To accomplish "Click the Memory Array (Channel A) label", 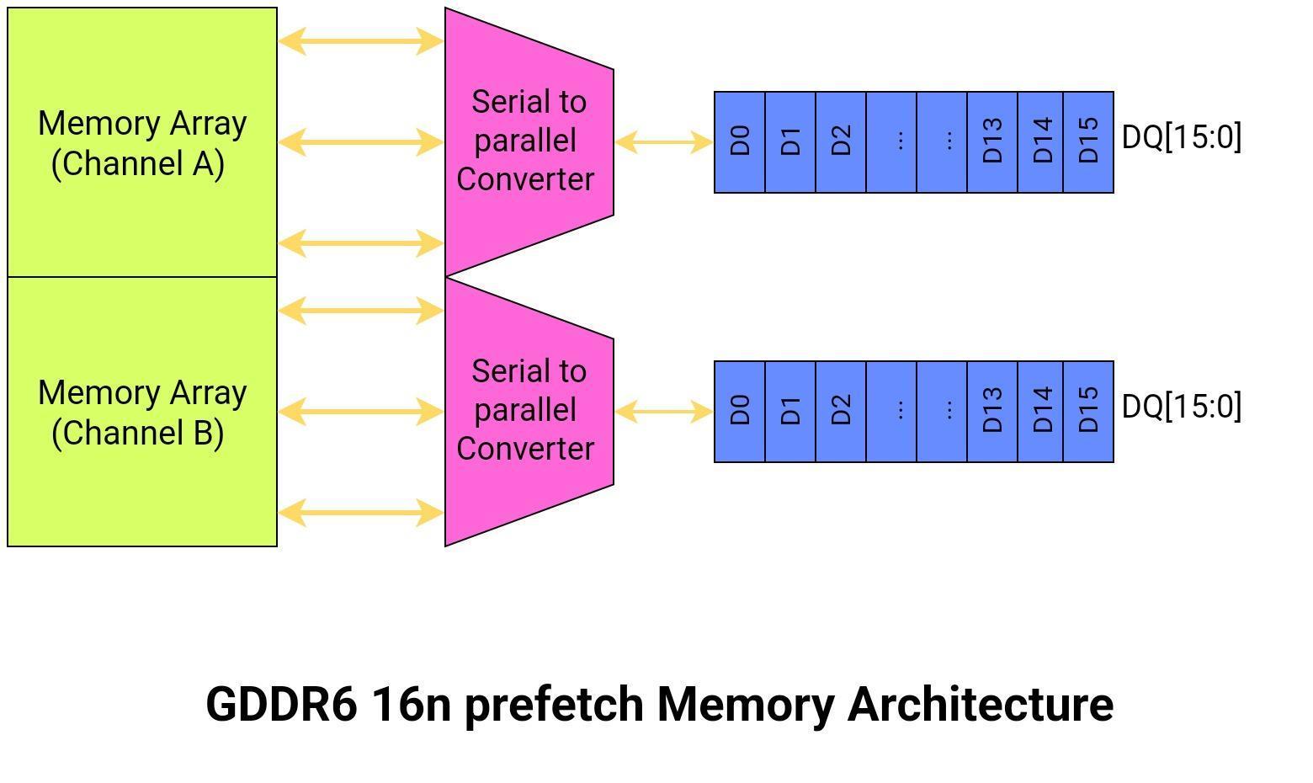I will tap(142, 143).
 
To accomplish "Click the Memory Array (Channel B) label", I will tap(142, 413).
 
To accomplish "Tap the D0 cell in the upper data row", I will tap(740, 142).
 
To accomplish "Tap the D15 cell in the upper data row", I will tap(1088, 142).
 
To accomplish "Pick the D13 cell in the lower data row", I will tap(992, 412).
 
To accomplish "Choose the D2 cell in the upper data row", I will tap(841, 142).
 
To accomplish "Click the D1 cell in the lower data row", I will tap(790, 412).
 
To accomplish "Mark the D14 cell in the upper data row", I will tap(1041, 142).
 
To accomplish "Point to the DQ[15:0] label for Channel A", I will tap(1182, 136).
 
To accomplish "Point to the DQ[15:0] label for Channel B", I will tap(1182, 406).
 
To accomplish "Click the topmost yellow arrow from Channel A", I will tap(361, 40).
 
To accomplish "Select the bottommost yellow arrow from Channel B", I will tap(361, 512).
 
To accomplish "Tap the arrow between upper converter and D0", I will tap(664, 142).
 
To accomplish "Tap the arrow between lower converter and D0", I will tap(664, 412).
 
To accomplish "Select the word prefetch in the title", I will tap(554, 704).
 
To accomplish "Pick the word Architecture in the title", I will tap(980, 704).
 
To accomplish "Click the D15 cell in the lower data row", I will tap(1088, 412).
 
